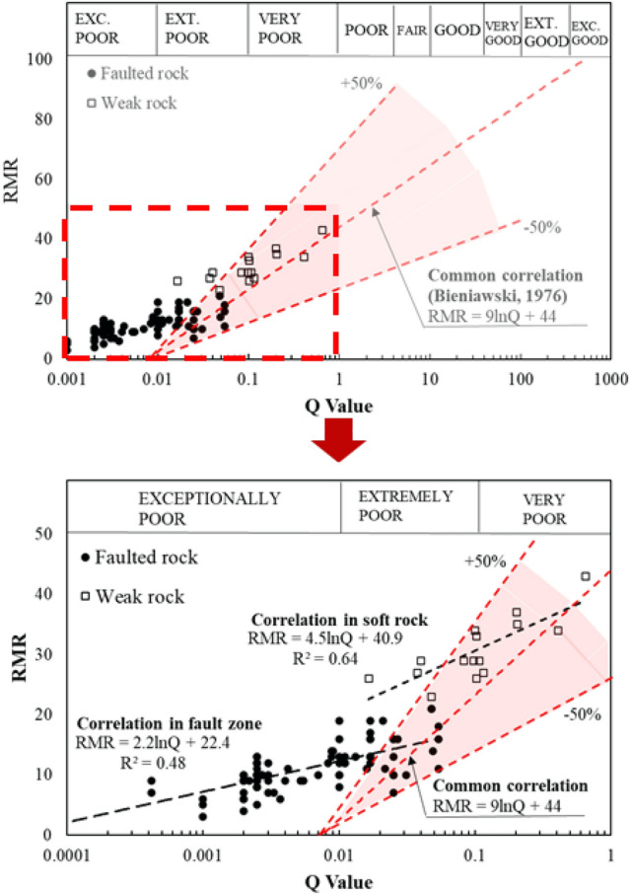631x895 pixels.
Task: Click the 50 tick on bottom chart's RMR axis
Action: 45,534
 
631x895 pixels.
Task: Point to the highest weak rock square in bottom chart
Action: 586,575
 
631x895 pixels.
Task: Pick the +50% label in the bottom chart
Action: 485,561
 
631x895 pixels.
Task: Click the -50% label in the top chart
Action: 541,228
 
